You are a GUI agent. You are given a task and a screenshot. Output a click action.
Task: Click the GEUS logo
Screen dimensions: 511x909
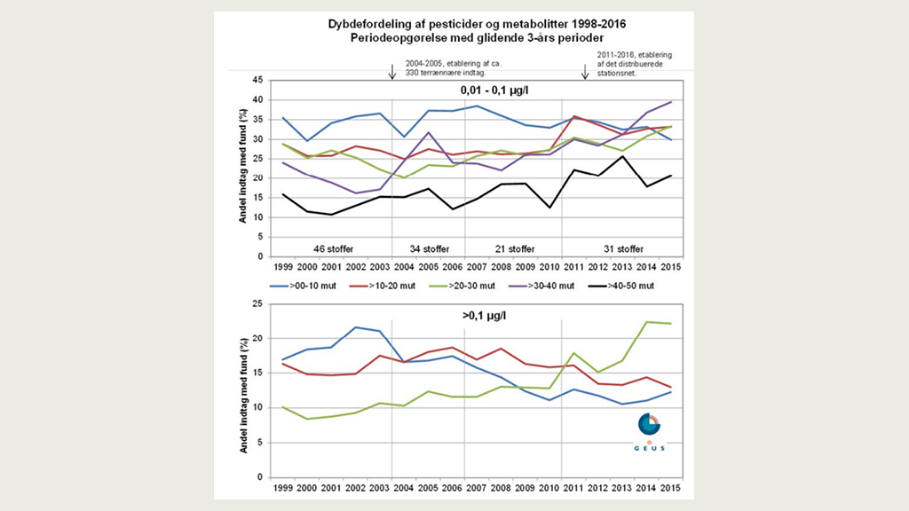[649, 433]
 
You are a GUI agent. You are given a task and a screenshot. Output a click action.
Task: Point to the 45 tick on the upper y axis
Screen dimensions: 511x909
[256, 80]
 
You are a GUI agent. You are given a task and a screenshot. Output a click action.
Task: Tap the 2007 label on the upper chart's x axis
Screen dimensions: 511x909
[475, 266]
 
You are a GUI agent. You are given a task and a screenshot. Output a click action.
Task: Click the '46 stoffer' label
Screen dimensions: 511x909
[330, 248]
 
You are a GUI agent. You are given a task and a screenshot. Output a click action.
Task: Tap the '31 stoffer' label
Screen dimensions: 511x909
[619, 248]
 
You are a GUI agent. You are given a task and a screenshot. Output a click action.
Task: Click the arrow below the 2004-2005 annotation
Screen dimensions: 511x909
[391, 72]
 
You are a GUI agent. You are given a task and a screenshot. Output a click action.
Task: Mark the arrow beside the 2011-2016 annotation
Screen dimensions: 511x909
[584, 72]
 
